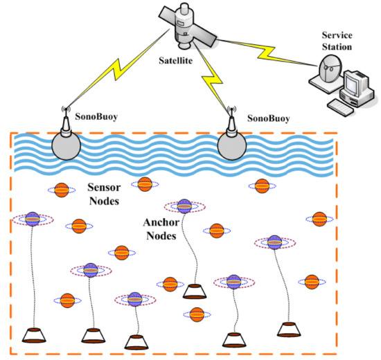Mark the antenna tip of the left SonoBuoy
click(66, 109)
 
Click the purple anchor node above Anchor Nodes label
click(184, 206)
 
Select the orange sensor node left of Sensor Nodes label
click(61, 189)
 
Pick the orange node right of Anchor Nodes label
click(216, 231)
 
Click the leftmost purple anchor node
click(33, 219)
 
